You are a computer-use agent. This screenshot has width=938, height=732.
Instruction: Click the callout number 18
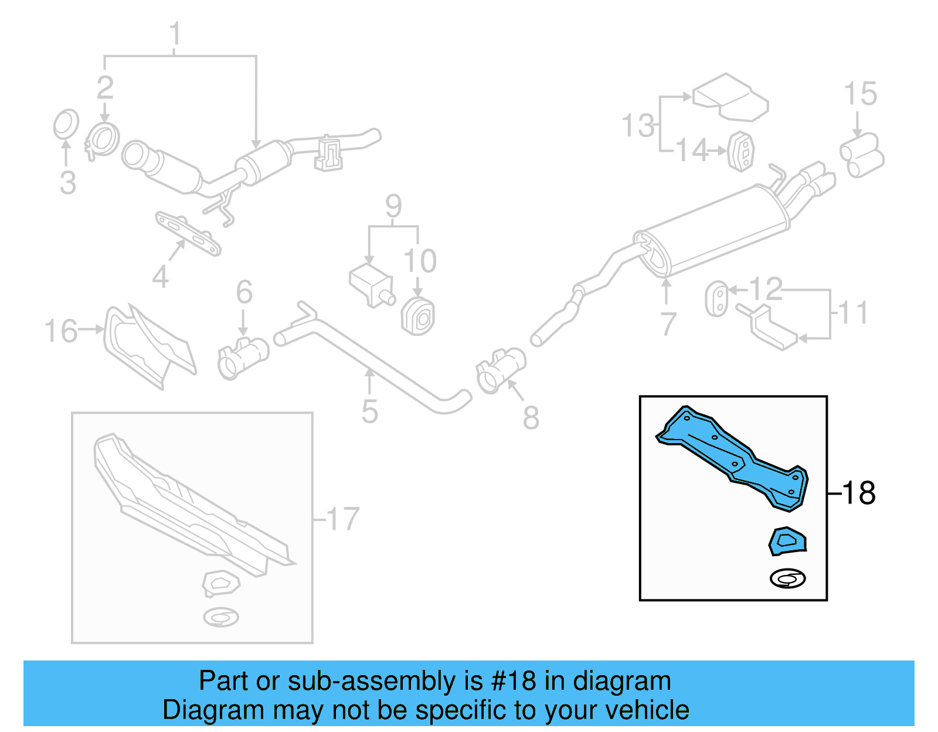859,493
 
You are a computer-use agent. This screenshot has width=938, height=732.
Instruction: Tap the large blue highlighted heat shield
733,457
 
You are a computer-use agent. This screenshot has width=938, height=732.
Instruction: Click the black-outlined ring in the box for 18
787,579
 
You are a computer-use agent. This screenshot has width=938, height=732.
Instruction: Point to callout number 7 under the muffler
668,324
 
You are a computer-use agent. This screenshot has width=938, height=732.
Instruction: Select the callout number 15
860,94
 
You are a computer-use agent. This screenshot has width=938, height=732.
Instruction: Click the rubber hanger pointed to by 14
742,151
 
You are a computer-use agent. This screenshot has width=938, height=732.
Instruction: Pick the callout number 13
638,125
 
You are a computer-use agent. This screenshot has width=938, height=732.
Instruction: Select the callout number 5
369,411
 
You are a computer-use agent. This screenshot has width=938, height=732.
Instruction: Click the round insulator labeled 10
418,316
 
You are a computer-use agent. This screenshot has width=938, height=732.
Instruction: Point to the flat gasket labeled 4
188,234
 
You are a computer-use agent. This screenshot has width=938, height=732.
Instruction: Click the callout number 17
343,519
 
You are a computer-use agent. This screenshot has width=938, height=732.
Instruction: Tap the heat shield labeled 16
149,346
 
